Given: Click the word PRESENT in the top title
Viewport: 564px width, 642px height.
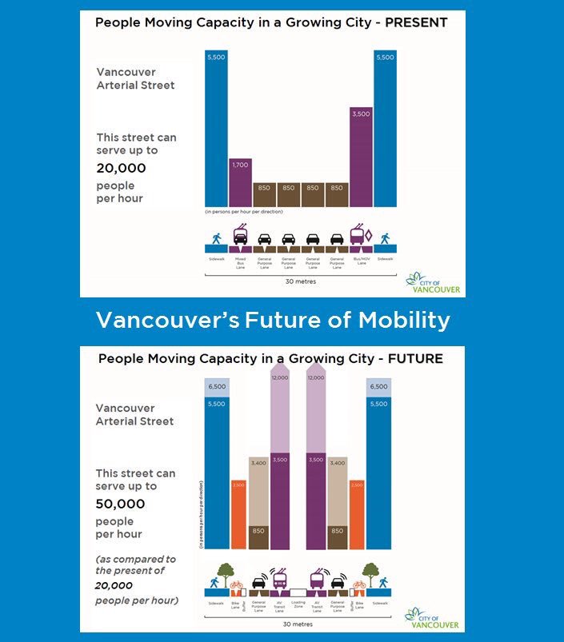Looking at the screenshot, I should [x=415, y=22].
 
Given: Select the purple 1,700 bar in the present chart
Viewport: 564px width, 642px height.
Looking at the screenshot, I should [x=241, y=182].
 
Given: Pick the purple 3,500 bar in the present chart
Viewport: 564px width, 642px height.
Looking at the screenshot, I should [x=361, y=156].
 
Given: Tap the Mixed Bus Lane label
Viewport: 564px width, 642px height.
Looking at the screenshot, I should [x=240, y=261].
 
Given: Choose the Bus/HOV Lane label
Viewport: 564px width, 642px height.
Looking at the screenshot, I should [x=361, y=261].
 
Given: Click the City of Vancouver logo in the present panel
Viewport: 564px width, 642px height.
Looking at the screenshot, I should [x=436, y=283].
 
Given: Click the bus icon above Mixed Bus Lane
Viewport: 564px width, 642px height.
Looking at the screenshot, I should [x=239, y=237].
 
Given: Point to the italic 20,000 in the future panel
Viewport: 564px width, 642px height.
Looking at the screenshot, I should [x=116, y=586].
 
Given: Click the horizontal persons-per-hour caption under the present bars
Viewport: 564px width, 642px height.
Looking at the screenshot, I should [x=243, y=211].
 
